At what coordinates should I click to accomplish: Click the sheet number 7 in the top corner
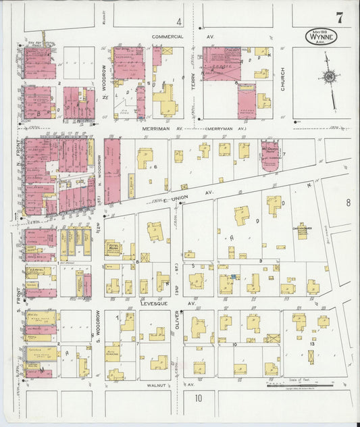coord(340,18)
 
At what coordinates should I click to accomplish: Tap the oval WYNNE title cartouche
coord(320,35)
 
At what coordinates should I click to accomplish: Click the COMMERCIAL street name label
coord(168,36)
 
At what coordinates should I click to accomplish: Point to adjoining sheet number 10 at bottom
coord(199,398)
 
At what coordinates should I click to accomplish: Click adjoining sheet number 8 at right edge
coord(348,202)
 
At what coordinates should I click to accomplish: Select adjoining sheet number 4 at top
coord(179,22)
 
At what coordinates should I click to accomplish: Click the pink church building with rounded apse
coord(272,157)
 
